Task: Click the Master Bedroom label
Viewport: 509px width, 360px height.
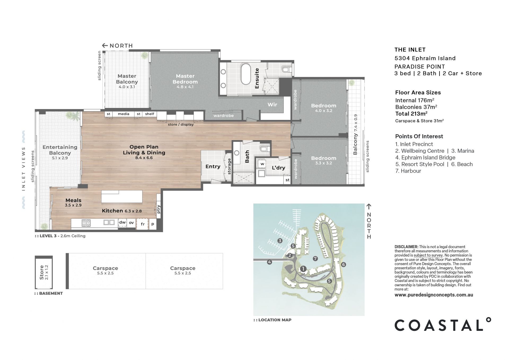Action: tap(185, 79)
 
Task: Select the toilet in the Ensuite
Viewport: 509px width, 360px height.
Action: tap(286, 70)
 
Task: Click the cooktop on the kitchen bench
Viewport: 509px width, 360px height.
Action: tap(86, 223)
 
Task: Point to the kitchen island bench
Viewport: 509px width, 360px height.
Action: tap(122, 197)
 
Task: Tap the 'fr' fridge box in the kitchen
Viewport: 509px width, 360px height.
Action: tap(143, 224)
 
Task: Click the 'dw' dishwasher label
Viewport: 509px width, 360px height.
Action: tap(122, 222)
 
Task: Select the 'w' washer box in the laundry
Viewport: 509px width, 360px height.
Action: tap(262, 164)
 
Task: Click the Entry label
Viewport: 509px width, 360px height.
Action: tap(213, 167)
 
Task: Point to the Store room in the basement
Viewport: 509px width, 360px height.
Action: tap(44, 272)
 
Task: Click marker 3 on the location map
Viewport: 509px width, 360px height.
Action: tap(280, 241)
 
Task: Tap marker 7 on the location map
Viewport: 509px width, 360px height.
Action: tap(315, 258)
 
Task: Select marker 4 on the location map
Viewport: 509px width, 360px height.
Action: tap(269, 262)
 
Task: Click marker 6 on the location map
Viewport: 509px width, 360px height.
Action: tap(344, 264)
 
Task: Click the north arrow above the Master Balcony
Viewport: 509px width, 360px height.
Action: tap(105, 46)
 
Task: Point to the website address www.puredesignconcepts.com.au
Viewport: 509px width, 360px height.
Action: tap(434, 295)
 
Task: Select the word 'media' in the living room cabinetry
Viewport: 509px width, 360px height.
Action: tap(124, 114)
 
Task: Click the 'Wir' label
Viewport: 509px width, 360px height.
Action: tap(272, 105)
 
